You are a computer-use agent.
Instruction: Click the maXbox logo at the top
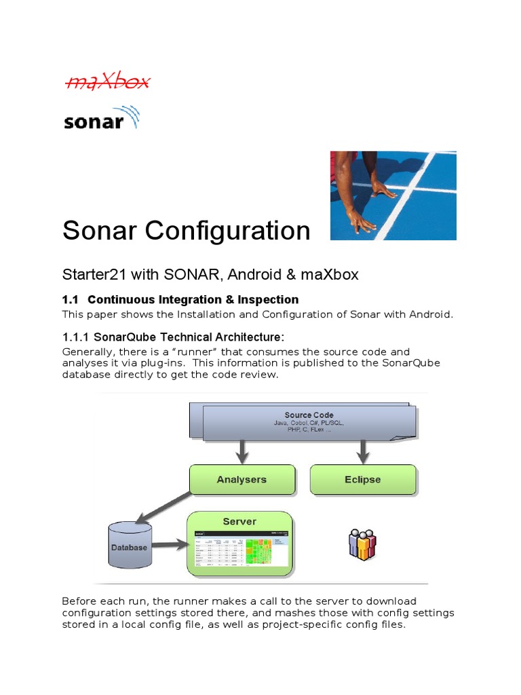tap(107, 83)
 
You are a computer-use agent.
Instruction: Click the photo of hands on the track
tap(393, 195)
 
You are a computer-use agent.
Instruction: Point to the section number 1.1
tap(71, 299)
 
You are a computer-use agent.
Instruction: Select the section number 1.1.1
tap(75, 337)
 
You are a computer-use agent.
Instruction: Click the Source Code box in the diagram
tap(309, 421)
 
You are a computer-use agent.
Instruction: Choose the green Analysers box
tap(242, 479)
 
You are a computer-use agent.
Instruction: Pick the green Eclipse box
tap(362, 479)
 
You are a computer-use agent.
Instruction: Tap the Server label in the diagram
tap(239, 521)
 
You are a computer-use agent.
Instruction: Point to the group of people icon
tap(362, 544)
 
